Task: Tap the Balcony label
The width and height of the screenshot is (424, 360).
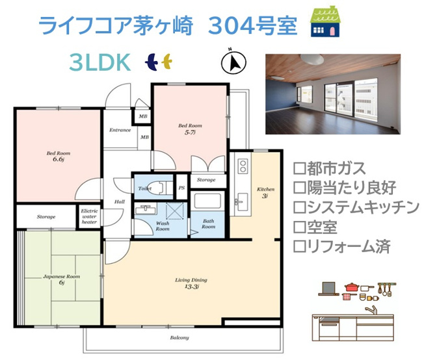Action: [179, 337]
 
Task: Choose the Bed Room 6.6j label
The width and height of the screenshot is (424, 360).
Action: [57, 157]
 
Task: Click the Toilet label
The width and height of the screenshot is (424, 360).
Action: [144, 188]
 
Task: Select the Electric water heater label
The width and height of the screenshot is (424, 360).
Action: [89, 216]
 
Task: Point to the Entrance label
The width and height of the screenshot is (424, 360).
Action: [120, 130]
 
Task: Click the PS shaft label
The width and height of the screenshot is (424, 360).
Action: [182, 188]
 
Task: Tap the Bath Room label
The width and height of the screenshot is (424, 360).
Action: [208, 224]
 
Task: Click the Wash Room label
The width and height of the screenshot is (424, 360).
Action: [163, 225]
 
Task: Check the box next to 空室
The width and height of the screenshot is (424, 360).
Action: [299, 227]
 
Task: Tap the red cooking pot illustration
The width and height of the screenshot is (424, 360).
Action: [352, 287]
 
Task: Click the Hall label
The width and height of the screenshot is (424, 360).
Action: [120, 202]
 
